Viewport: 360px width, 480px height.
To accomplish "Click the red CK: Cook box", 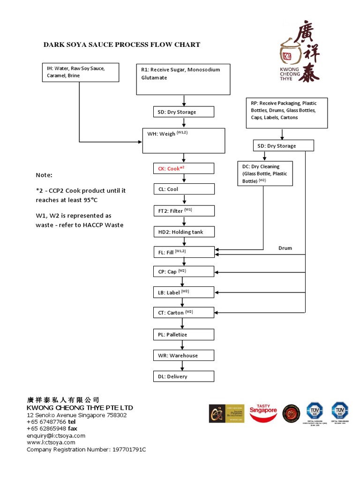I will [184, 168].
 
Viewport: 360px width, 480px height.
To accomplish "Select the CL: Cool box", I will [184, 189].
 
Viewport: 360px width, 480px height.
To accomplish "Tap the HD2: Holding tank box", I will [184, 232].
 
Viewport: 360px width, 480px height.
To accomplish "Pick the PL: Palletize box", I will [184, 334].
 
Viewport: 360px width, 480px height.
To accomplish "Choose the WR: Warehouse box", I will [184, 355].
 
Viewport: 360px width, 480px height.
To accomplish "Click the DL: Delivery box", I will [184, 376].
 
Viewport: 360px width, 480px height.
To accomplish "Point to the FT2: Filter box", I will [184, 210].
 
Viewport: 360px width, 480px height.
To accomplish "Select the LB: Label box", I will [184, 292].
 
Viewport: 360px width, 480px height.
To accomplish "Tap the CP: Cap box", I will [184, 271].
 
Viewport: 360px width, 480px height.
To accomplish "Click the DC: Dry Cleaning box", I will [265, 173].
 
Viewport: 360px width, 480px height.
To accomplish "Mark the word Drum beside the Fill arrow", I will [285, 248].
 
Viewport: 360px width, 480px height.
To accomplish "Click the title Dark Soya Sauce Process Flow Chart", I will [122, 45].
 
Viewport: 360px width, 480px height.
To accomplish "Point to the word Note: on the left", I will [44, 175].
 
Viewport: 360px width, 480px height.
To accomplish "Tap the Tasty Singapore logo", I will [264, 412].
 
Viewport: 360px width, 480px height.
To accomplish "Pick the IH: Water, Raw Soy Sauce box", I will [79, 72].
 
